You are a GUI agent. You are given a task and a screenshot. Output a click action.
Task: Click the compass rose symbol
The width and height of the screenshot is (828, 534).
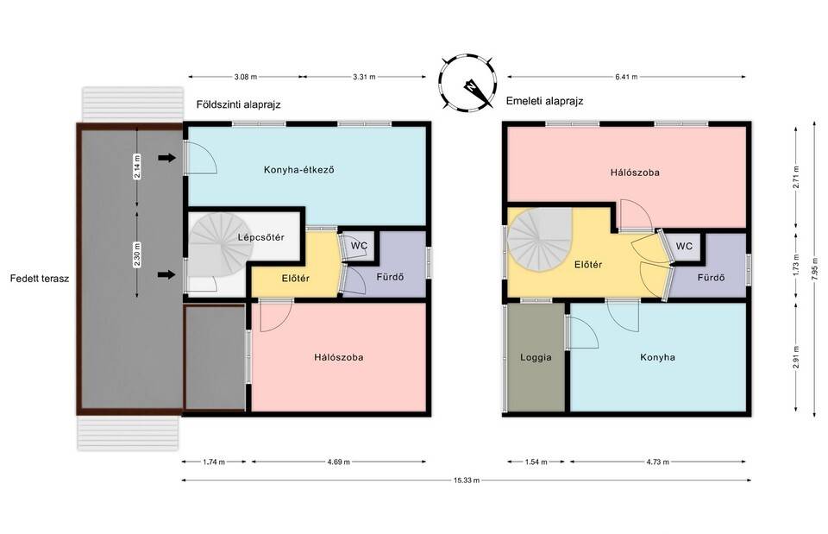click(467, 83)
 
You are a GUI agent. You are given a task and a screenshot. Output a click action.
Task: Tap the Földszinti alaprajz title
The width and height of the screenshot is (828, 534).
click(239, 104)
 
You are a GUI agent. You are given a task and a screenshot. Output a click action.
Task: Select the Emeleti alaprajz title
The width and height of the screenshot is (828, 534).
click(544, 101)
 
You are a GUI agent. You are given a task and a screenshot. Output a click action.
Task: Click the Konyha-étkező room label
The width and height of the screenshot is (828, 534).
click(299, 170)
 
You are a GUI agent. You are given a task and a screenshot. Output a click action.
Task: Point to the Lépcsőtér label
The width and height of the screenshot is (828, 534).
click(260, 237)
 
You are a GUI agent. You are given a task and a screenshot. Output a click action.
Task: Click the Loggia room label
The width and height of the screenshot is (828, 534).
click(536, 357)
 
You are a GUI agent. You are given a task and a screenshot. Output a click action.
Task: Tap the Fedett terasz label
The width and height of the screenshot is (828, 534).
click(40, 279)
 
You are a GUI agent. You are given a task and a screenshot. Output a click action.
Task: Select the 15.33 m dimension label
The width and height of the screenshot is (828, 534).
click(467, 481)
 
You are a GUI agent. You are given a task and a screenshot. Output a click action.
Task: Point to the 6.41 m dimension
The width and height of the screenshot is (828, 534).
click(626, 77)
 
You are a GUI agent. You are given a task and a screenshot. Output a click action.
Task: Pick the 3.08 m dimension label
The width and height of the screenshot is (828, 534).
click(246, 77)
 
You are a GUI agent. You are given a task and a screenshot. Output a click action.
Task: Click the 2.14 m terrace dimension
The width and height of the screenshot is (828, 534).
click(137, 166)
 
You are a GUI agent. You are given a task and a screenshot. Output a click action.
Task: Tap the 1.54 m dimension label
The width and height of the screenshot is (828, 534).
click(536, 462)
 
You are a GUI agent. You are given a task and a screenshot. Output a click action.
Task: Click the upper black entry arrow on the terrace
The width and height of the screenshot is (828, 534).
click(166, 157)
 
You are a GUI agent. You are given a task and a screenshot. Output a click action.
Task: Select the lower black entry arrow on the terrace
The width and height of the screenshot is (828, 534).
click(166, 274)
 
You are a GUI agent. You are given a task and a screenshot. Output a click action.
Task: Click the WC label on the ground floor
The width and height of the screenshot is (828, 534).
click(359, 246)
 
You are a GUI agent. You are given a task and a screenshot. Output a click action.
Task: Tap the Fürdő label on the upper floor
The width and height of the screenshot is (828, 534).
click(711, 277)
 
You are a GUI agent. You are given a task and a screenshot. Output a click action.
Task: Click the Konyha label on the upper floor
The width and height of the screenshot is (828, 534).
click(657, 357)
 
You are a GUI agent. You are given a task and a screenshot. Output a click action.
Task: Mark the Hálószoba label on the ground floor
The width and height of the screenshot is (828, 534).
click(338, 357)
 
